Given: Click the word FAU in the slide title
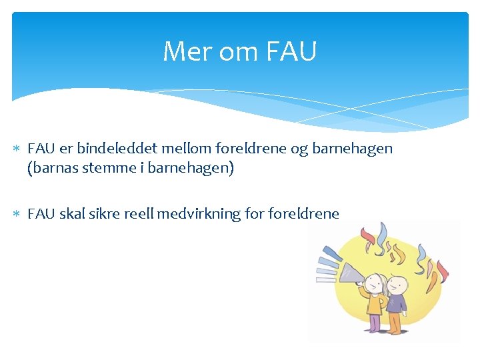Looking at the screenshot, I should click(x=291, y=51).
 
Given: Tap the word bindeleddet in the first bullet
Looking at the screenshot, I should click(x=122, y=148).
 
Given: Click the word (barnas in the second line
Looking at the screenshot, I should click(x=51, y=168).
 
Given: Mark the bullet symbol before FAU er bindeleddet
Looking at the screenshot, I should click(x=19, y=149).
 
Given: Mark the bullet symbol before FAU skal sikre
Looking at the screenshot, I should click(x=19, y=215).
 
